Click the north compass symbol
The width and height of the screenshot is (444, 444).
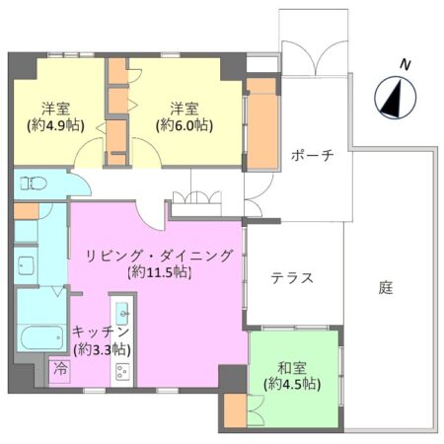click(392, 98)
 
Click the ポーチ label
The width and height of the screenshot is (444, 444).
click(314, 156)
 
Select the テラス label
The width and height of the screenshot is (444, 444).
click(293, 278)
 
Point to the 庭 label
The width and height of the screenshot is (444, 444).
click(386, 288)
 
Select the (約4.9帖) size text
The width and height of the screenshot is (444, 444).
click(54, 125)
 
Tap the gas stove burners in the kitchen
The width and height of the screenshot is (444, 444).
click(123, 372)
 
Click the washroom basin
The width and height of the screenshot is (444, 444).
click(26, 264)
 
